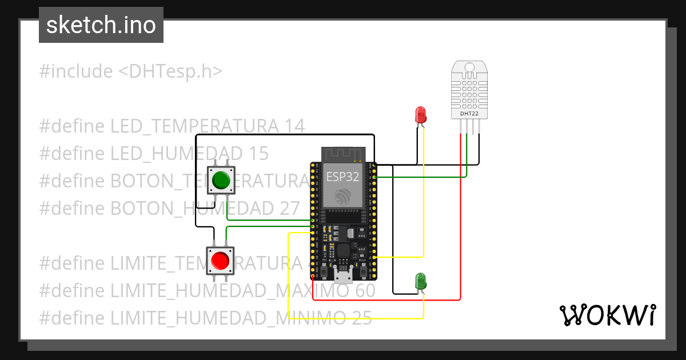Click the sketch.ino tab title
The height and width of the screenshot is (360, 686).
click(101, 25)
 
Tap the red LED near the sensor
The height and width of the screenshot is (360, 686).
click(421, 114)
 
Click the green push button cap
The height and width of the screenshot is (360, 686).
click(221, 181)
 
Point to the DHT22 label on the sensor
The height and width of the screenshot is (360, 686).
click(469, 114)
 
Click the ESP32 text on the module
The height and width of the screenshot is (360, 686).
click(342, 177)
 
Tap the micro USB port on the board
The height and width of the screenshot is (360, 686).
click(343, 277)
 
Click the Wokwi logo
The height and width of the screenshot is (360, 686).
click(607, 315)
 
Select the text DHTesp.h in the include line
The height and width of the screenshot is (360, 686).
click(170, 71)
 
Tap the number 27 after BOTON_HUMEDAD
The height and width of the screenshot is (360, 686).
click(290, 209)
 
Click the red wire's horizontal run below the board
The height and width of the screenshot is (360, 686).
click(389, 299)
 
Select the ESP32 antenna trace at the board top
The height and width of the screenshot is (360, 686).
click(343, 154)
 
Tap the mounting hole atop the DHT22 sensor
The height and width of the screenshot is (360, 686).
click(469, 67)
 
